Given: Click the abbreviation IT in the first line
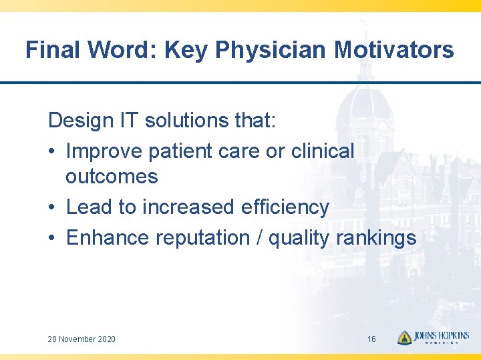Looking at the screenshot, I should (131, 121).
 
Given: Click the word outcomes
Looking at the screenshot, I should (112, 177).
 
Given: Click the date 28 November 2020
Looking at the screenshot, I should (82, 339).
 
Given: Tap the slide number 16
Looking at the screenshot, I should (371, 339).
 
